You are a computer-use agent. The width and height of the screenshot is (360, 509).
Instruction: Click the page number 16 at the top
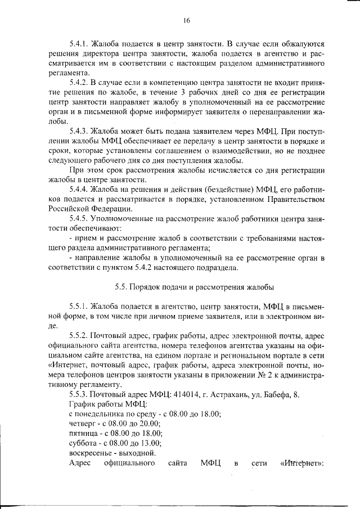pyautogui.click(x=186, y=21)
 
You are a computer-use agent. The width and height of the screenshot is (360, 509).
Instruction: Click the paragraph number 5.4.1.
pyautogui.click(x=79, y=43)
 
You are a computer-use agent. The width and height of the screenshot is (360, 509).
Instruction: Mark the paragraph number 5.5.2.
pyautogui.click(x=79, y=338)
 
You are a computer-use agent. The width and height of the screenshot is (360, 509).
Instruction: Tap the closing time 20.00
pyautogui.click(x=150, y=423)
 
